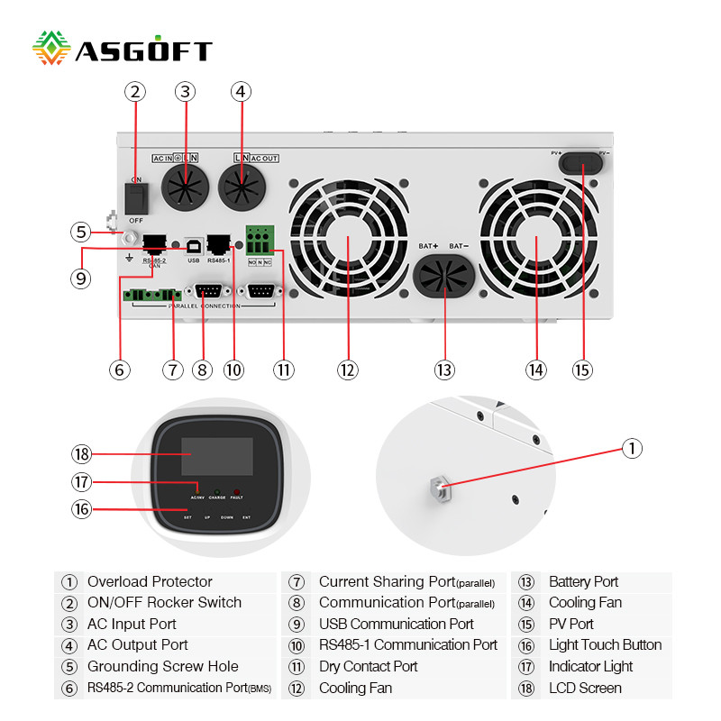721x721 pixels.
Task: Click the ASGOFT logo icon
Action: (x=51, y=49)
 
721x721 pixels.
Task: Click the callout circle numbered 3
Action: (x=185, y=91)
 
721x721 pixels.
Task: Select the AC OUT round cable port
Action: (x=242, y=189)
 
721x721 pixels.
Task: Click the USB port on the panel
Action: (x=193, y=244)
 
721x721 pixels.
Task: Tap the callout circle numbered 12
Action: (x=348, y=370)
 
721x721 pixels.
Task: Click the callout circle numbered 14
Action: (x=536, y=370)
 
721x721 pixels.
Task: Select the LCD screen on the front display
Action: (x=216, y=457)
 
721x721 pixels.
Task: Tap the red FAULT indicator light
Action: (x=236, y=492)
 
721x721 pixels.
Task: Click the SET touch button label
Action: (x=187, y=518)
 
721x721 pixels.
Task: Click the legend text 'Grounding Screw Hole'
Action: (x=162, y=667)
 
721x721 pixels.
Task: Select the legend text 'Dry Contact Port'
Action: (x=369, y=667)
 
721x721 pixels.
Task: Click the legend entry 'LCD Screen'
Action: (x=585, y=688)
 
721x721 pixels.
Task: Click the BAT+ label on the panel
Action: (x=428, y=245)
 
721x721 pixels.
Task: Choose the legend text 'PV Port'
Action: (x=571, y=624)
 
